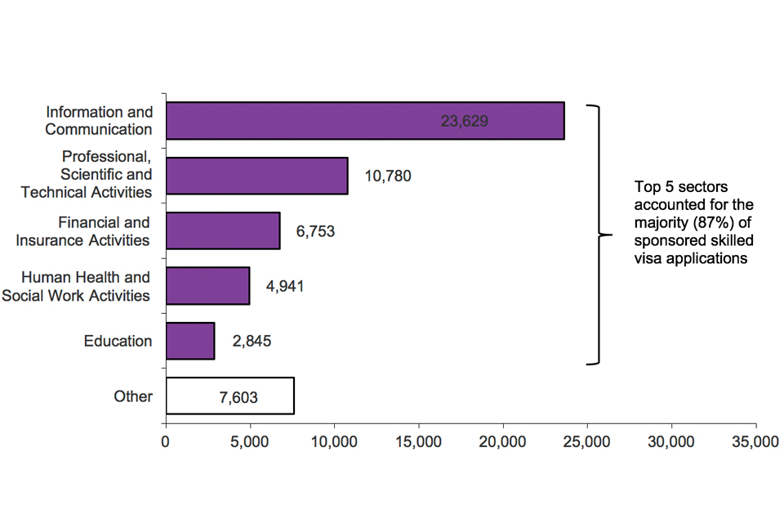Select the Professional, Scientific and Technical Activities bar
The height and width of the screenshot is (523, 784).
point(256,176)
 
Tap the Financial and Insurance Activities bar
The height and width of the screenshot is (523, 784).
point(223,230)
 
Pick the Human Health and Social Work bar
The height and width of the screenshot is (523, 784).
point(207,286)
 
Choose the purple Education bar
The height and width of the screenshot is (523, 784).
point(190,341)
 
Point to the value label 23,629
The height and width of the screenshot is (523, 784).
point(464,121)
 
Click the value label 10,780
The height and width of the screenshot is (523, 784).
point(387,176)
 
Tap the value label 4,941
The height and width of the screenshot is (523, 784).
point(285,287)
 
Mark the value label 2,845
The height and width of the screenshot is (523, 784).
point(252,342)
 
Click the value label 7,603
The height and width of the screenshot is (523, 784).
point(238,397)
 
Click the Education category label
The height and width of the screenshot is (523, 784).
point(118,342)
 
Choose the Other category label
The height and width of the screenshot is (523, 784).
point(133,396)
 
